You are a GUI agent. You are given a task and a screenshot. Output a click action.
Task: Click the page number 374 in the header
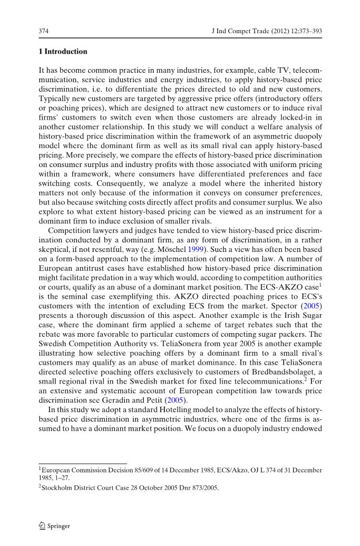(44, 32)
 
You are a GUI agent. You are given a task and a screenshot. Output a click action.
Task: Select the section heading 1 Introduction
(63, 52)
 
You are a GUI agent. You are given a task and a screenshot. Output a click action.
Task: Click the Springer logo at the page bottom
(54, 526)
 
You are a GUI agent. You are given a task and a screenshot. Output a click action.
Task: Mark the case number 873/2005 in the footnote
(203, 487)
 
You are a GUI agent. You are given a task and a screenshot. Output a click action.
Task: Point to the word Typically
(54, 98)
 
